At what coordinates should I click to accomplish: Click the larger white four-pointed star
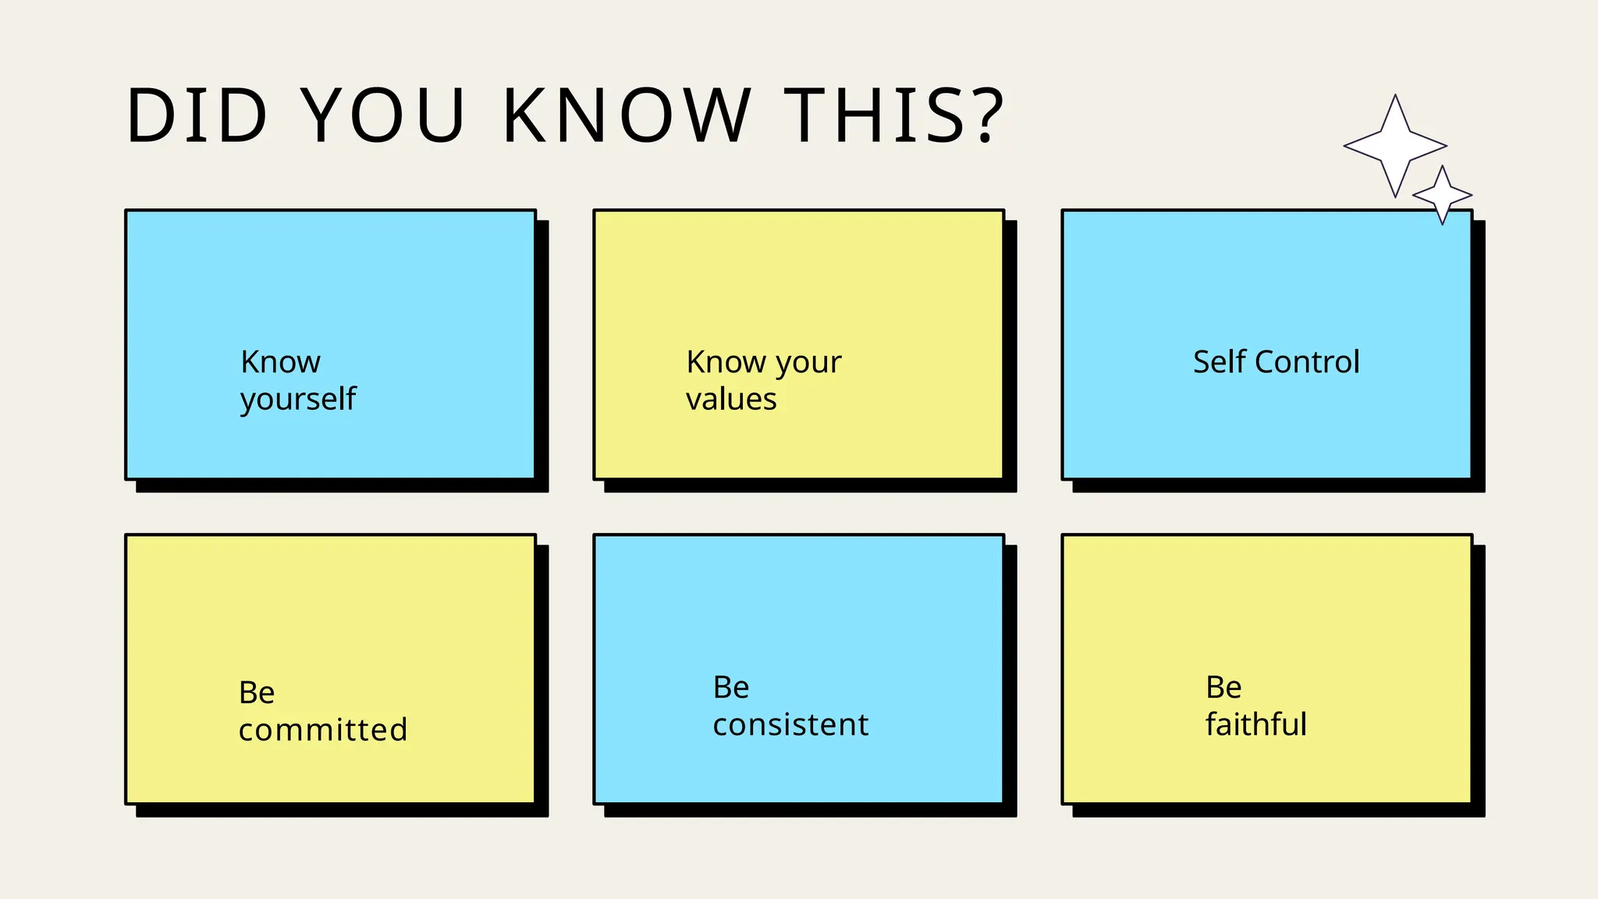pos(1395,146)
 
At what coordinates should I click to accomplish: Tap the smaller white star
pos(1443,194)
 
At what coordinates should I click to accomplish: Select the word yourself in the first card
pos(298,400)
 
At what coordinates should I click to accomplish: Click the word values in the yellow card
pos(731,400)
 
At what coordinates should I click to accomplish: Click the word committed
pos(323,730)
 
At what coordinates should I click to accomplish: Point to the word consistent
pos(790,725)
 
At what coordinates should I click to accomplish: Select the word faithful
pos(1255,724)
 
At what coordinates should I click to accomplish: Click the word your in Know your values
pos(808,364)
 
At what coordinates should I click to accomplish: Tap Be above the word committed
pos(257,693)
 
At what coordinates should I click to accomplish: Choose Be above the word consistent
pos(731,688)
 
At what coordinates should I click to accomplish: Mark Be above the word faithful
pos(1223,688)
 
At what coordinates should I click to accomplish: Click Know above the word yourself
pos(280,362)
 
